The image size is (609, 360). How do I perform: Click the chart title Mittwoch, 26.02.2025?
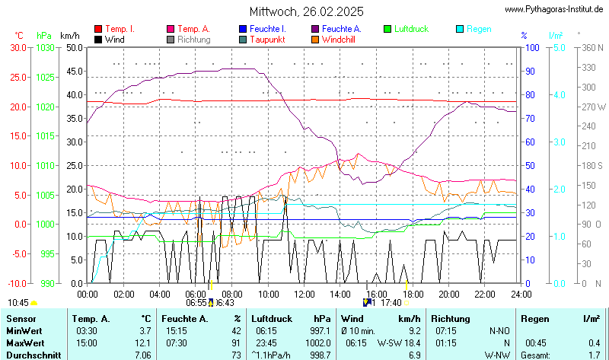[x=306, y=11]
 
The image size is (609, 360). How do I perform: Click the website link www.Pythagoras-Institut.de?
[x=555, y=8]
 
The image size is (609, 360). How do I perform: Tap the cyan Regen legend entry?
[x=479, y=29]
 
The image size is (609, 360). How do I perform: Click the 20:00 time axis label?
[x=448, y=293]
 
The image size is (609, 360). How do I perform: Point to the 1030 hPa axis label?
[x=45, y=47]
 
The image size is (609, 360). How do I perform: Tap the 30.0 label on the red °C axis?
[x=18, y=47]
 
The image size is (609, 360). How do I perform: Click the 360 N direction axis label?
[x=593, y=47]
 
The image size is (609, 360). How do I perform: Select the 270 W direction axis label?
[x=593, y=107]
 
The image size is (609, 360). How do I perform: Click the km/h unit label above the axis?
[x=69, y=36]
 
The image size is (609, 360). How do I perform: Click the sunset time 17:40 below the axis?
[x=392, y=302]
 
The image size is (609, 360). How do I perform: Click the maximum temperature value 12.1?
[x=143, y=342]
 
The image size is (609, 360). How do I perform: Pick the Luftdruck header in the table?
[x=273, y=319]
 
